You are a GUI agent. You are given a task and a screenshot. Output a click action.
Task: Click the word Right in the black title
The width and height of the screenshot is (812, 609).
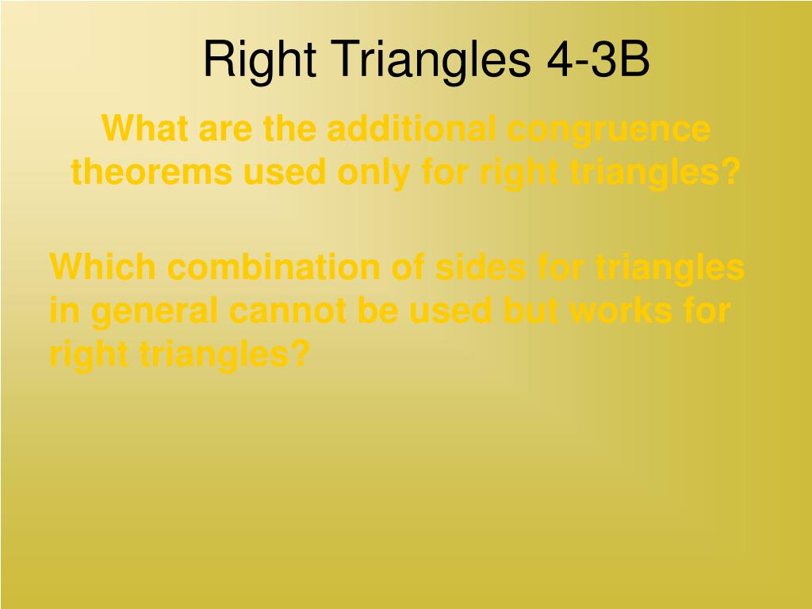click(x=259, y=60)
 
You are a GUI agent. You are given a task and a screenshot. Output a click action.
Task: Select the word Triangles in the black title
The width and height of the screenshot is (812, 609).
click(x=431, y=60)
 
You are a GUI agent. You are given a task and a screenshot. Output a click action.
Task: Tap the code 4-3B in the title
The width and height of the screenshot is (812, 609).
click(x=598, y=59)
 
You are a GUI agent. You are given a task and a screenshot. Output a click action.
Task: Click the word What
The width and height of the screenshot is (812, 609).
click(x=144, y=128)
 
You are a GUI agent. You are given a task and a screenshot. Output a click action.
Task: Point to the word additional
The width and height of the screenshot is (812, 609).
click(x=412, y=128)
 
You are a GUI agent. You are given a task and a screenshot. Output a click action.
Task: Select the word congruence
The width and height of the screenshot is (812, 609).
click(x=608, y=132)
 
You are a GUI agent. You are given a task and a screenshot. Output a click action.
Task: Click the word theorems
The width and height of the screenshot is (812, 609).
click(x=151, y=172)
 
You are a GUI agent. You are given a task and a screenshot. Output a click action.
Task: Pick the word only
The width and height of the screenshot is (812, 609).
click(x=373, y=174)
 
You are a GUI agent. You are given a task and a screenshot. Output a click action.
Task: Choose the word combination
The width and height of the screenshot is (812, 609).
click(x=274, y=266)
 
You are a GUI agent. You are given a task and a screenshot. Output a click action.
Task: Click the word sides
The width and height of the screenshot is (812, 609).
click(x=481, y=266)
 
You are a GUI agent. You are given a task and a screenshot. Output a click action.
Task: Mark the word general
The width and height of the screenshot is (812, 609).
click(x=154, y=313)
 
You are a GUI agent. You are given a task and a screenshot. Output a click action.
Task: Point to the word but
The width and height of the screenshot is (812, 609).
click(x=530, y=310)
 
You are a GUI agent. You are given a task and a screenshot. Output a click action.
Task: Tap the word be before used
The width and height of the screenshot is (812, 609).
click(x=377, y=310)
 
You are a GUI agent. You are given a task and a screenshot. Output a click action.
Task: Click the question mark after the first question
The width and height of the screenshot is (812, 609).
click(x=731, y=172)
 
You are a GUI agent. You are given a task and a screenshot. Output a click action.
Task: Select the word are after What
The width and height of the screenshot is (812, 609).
click(x=225, y=132)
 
